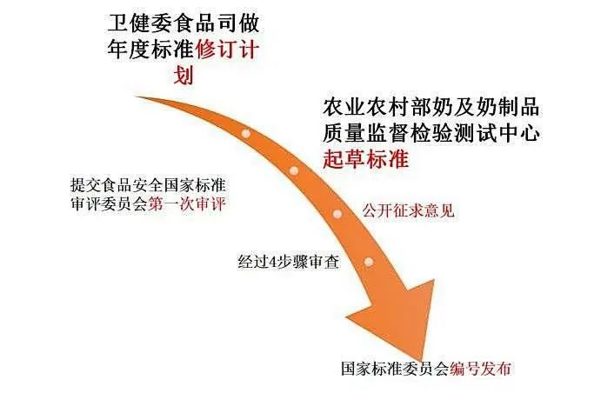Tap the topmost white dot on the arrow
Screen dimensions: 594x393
247,134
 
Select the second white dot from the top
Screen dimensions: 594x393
294,170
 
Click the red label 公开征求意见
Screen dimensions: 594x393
408,211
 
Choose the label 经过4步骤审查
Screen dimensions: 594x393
288,260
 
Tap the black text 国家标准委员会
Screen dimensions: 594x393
396,369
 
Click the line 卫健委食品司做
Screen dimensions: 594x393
185,20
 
